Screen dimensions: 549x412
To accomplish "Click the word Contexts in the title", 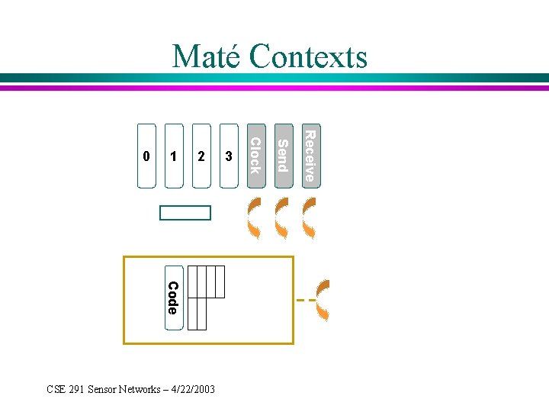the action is (308, 56).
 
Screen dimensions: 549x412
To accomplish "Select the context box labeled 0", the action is (146, 156).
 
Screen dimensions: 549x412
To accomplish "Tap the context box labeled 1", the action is (174, 156).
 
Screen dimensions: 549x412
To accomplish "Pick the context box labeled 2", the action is (201, 156).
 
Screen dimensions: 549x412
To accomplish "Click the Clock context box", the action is (256, 155).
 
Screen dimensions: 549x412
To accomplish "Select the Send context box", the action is (283, 155).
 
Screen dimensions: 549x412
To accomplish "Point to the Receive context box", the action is (309, 155).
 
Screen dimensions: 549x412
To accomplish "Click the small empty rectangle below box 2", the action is (185, 213).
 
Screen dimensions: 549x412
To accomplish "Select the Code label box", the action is (173, 298).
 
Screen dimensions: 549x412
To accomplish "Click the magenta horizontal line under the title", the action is (274, 88).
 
